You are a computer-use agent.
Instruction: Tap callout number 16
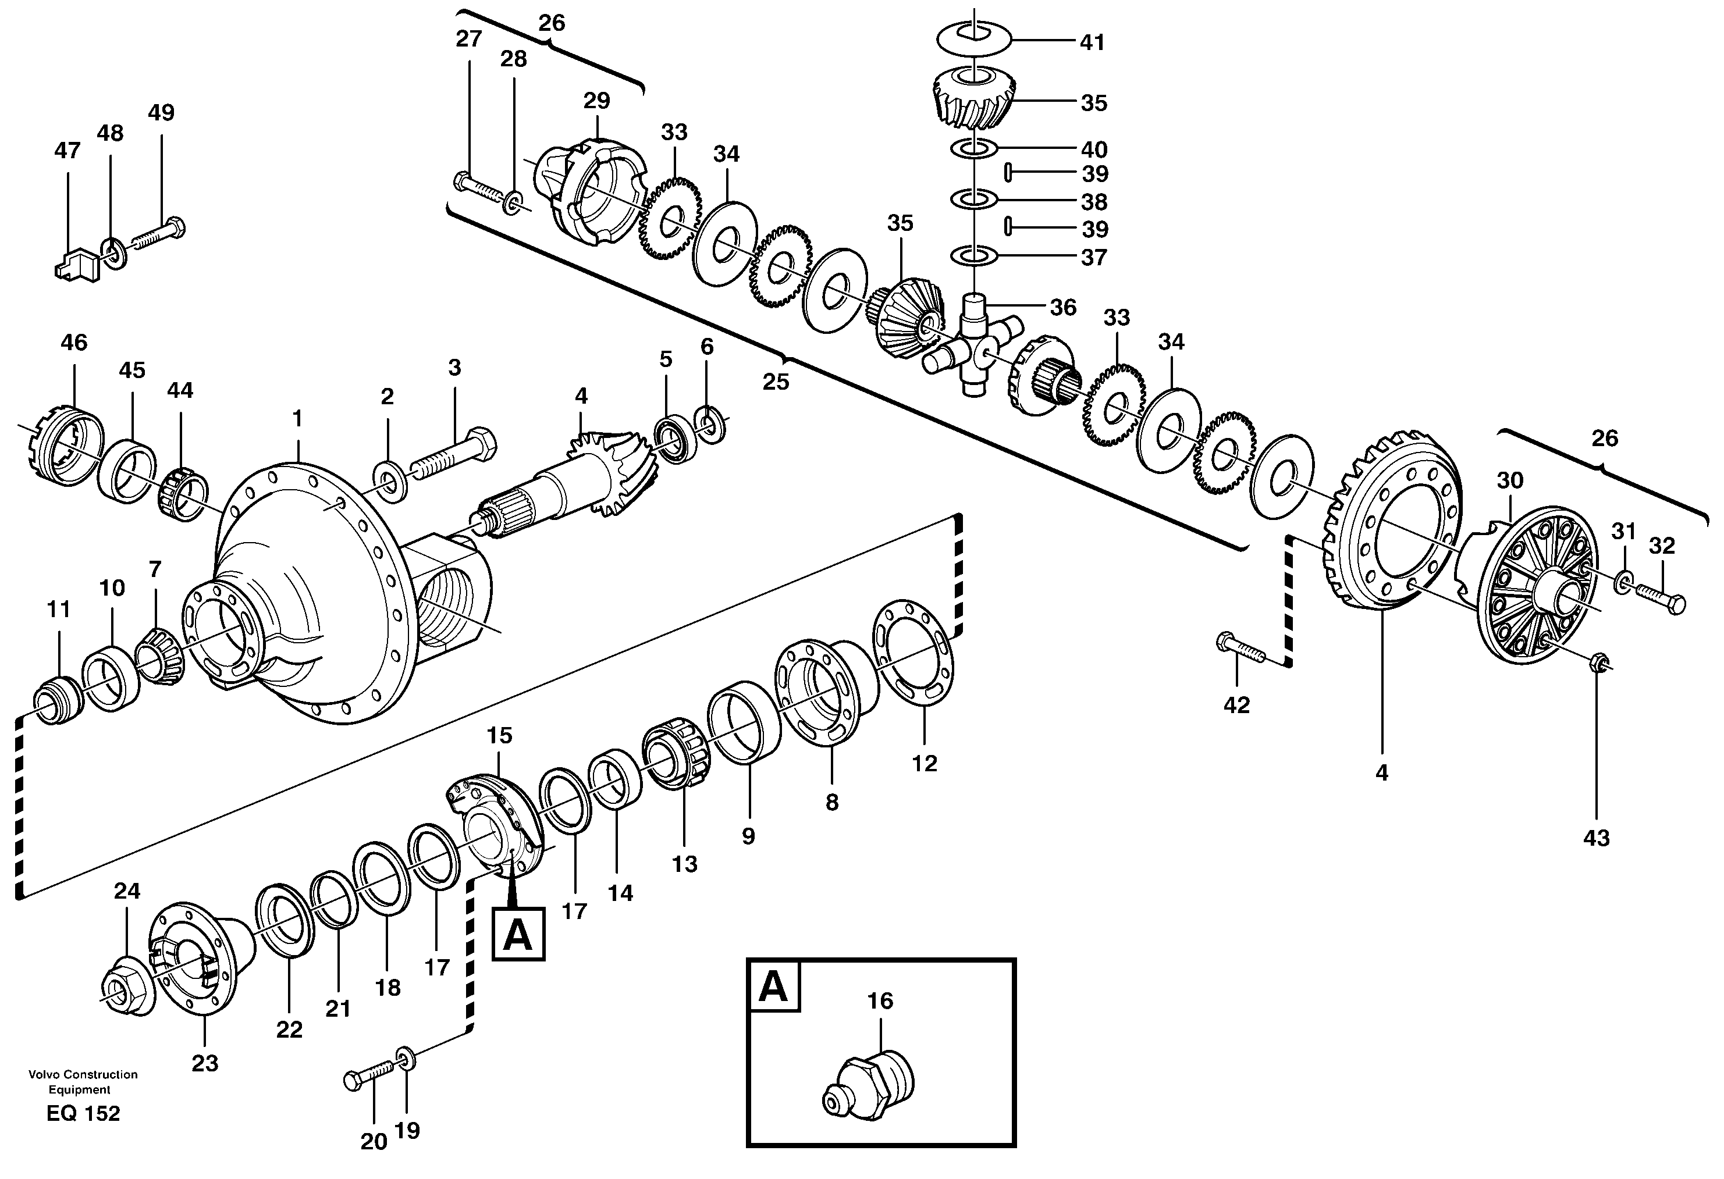[880, 1001]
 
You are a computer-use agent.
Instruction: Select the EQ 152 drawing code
[83, 1113]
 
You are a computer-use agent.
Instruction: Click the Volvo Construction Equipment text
[83, 1081]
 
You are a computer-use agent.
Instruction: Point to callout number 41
[1092, 43]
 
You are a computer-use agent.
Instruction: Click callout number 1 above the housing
[297, 419]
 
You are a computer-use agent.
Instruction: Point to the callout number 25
[776, 382]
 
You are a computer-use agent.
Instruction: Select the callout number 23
[205, 1063]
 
